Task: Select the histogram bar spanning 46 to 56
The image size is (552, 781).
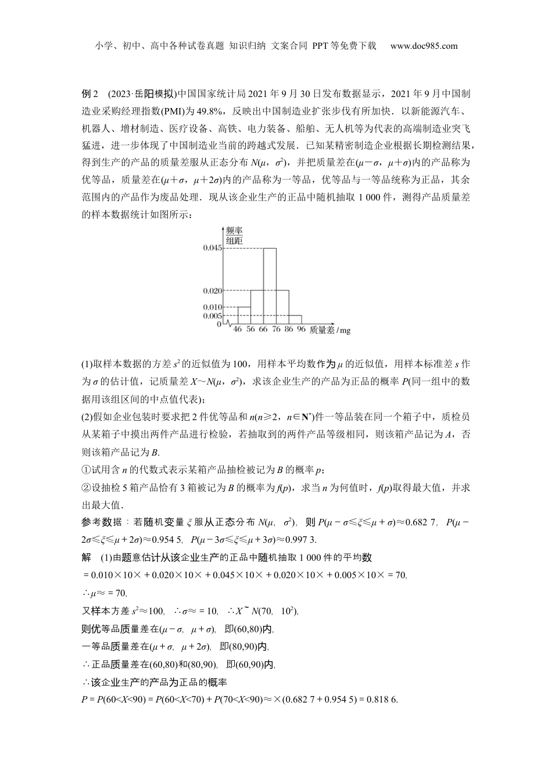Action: (x=243, y=315)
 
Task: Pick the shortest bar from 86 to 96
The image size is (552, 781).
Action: (x=295, y=320)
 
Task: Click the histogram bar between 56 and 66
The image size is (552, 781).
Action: (x=256, y=306)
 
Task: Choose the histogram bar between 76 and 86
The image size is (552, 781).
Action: (x=282, y=306)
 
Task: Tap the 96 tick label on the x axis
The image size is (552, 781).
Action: (x=301, y=329)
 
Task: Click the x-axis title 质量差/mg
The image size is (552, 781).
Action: (x=329, y=330)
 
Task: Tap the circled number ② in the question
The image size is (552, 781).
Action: (x=86, y=488)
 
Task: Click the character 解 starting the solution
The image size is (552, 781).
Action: (x=87, y=557)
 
